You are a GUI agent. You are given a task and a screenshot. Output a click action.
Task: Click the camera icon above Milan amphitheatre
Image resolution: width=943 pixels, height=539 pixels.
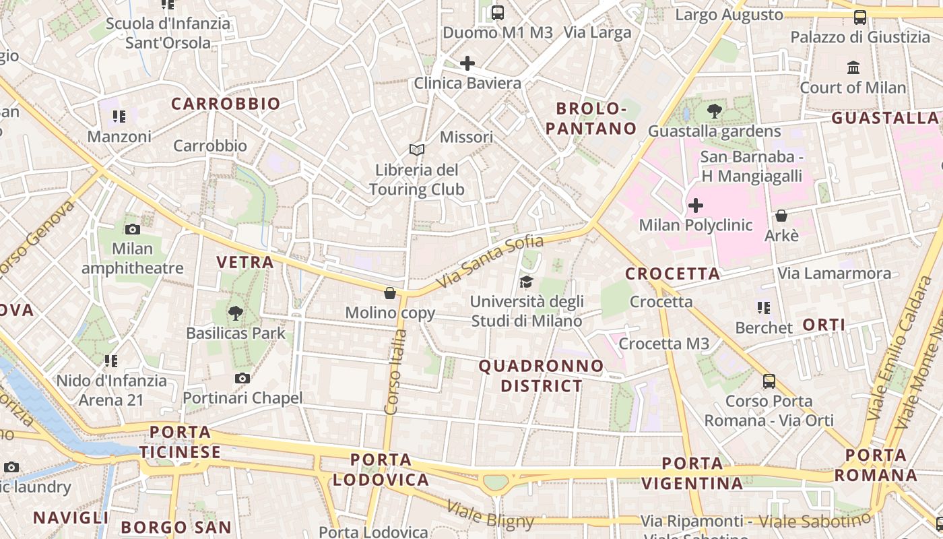pyautogui.click(x=133, y=229)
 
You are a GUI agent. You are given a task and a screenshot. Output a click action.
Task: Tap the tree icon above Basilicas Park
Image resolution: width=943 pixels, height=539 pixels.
pyautogui.click(x=235, y=313)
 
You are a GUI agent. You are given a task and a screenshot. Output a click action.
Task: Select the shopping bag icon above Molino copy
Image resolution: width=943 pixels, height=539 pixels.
pyautogui.click(x=389, y=293)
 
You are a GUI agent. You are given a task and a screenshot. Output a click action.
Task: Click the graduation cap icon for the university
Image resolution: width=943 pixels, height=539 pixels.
pyautogui.click(x=526, y=282)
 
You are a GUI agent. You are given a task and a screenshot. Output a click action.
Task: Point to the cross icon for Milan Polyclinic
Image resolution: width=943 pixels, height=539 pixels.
pyautogui.click(x=696, y=205)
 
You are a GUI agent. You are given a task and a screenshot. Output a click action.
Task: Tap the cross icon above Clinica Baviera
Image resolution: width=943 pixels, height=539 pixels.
pyautogui.click(x=467, y=63)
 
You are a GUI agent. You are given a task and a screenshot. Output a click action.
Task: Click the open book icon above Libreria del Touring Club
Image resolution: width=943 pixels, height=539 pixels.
pyautogui.click(x=417, y=150)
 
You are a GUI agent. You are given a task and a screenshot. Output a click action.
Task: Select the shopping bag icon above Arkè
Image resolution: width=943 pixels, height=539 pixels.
pyautogui.click(x=781, y=216)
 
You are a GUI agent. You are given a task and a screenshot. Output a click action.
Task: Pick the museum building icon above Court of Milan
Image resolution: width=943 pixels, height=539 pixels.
pyautogui.click(x=853, y=67)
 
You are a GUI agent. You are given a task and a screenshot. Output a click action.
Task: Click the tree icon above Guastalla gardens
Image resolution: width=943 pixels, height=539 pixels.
pyautogui.click(x=714, y=111)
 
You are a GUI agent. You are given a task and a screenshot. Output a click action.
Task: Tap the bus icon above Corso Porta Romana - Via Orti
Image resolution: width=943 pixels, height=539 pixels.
pyautogui.click(x=769, y=381)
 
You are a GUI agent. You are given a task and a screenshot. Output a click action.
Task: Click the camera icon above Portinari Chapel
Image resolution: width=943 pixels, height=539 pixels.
pyautogui.click(x=242, y=378)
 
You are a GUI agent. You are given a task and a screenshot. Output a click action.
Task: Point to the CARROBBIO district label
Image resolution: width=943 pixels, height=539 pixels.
pyautogui.click(x=225, y=104)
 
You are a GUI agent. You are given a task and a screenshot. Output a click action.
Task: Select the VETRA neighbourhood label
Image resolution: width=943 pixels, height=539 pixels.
pyautogui.click(x=245, y=262)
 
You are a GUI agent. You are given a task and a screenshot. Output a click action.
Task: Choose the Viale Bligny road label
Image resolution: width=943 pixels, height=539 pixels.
pyautogui.click(x=490, y=515)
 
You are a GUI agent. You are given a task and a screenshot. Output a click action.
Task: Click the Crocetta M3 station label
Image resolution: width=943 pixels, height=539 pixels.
pyautogui.click(x=664, y=344)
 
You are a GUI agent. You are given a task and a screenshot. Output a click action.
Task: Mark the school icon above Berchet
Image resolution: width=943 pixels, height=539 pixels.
pyautogui.click(x=763, y=308)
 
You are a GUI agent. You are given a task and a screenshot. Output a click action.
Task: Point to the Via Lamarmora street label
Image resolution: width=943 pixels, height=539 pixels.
pyautogui.click(x=834, y=274)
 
